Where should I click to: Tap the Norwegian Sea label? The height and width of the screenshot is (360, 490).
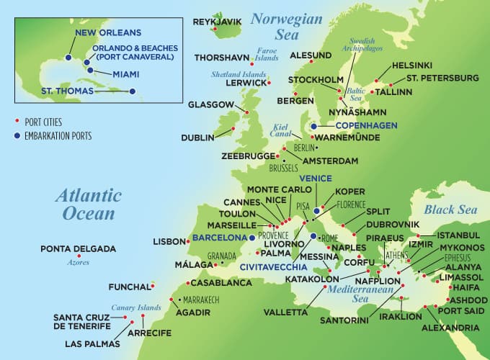286,27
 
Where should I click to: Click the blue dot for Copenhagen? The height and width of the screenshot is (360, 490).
313,126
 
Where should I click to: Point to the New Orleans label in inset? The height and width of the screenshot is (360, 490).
106,33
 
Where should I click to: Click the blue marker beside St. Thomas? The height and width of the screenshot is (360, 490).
133,91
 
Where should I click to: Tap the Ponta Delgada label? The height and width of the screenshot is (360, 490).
78,249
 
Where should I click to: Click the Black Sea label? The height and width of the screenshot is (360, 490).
450,210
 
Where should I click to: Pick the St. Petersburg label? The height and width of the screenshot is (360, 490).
442,78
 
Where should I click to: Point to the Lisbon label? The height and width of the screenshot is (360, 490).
169,242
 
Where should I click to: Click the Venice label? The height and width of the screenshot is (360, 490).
316,179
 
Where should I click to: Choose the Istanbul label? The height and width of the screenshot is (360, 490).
458,235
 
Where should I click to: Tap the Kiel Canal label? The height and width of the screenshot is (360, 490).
280,130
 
